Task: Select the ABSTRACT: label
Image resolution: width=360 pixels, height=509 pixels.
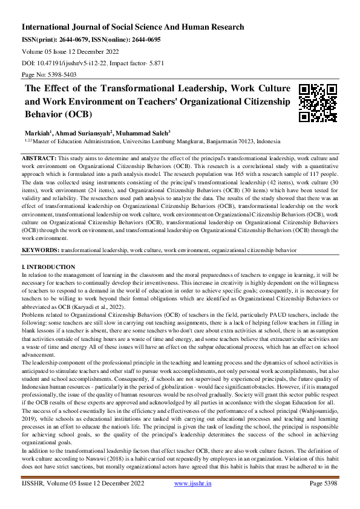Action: click(x=39, y=157)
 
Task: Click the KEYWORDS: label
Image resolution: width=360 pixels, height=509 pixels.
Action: click(x=41, y=249)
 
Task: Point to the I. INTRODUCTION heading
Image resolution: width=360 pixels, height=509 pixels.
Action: click(x=48, y=267)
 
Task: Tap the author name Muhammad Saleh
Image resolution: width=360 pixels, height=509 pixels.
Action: click(x=142, y=132)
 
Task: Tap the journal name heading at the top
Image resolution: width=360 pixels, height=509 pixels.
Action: click(x=133, y=27)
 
